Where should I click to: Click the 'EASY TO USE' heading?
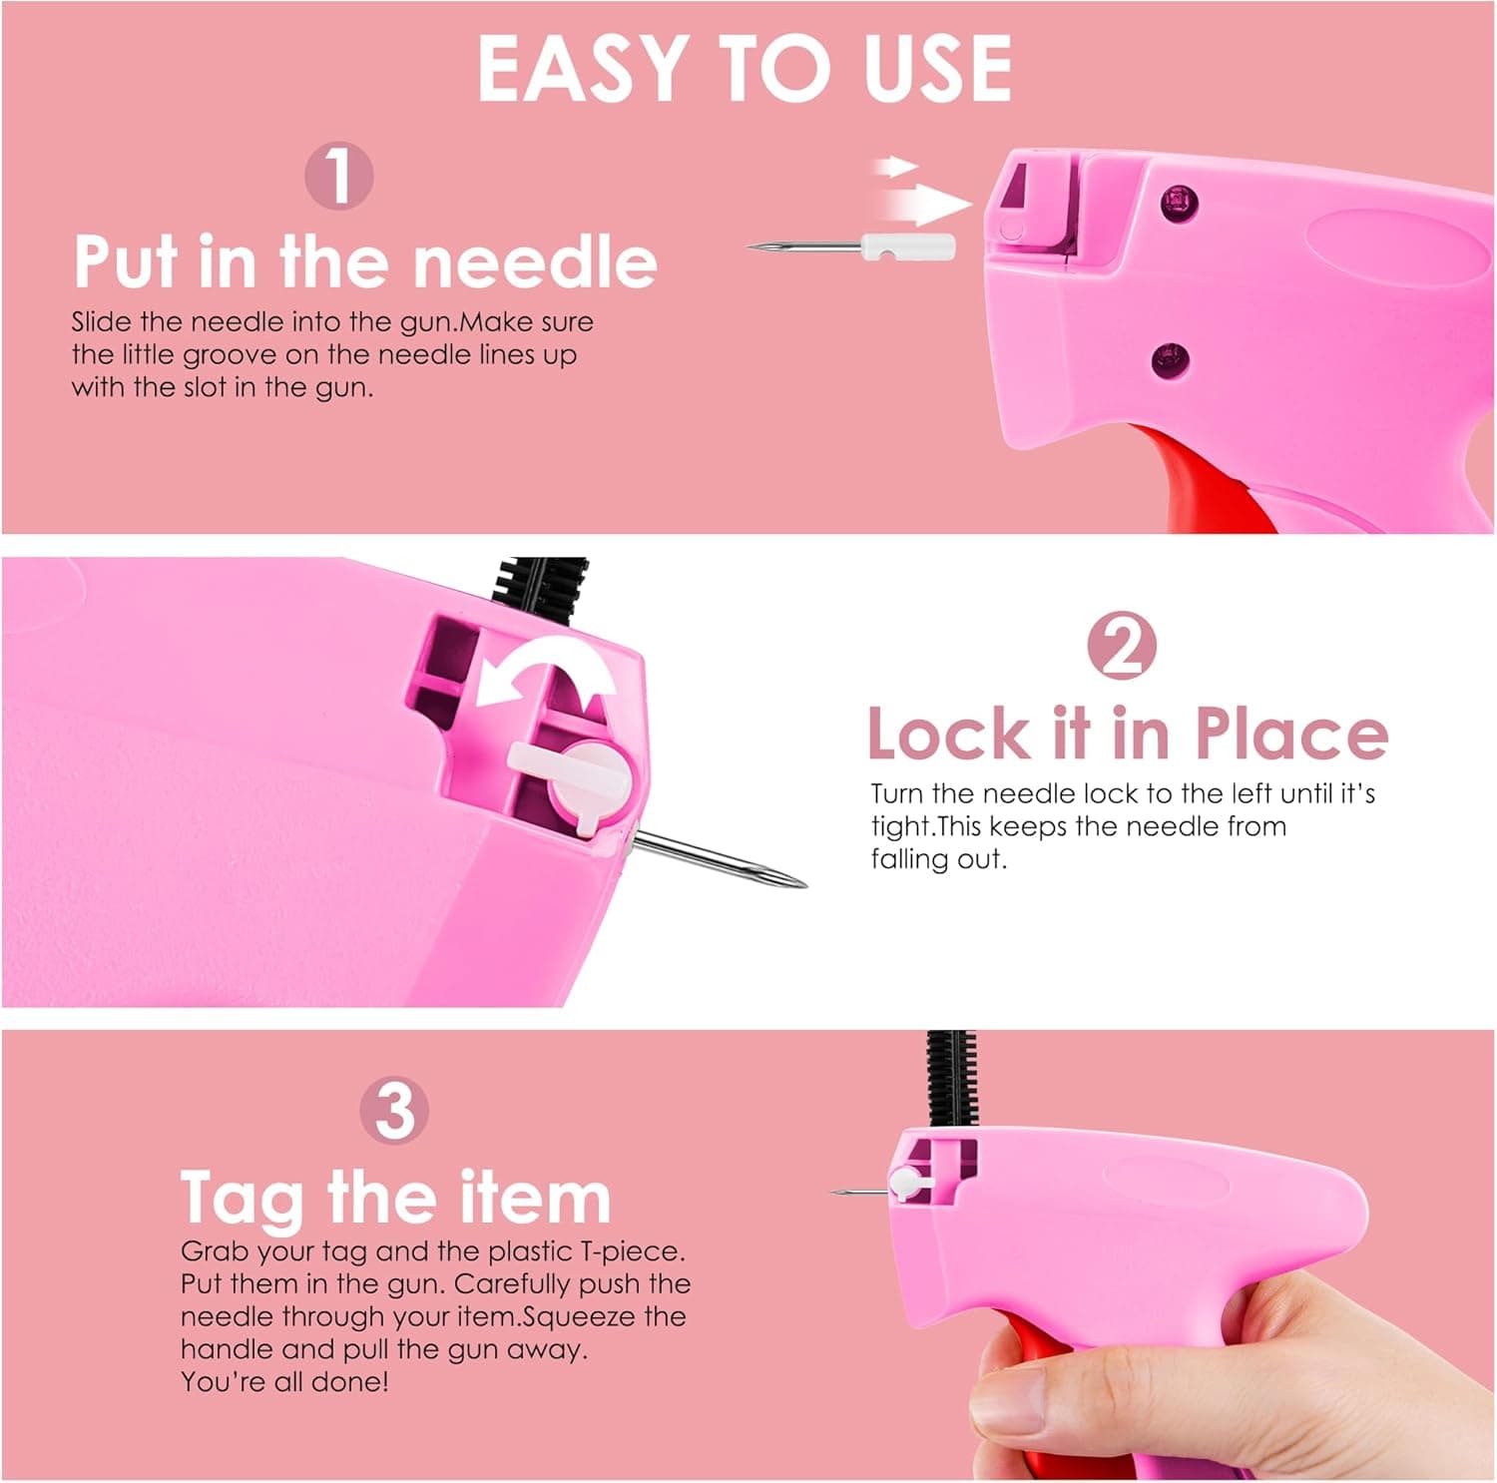[745, 68]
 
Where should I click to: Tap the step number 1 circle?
[339, 176]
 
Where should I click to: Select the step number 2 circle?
[1122, 647]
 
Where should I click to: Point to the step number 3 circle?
[395, 1111]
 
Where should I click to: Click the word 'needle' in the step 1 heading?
[535, 261]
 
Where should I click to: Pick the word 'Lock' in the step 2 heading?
[948, 734]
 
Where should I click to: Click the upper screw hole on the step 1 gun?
[1179, 203]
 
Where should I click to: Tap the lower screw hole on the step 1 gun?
[1169, 359]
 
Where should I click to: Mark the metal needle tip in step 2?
[788, 878]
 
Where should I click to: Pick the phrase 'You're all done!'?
[284, 1382]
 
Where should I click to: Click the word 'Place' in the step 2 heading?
[1290, 734]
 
